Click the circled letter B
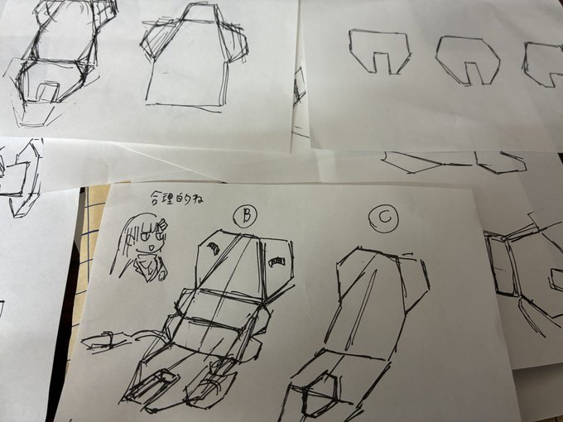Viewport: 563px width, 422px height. pos(245,216)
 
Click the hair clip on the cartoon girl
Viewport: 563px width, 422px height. pos(164,223)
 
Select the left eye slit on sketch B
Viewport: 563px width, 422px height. pos(213,247)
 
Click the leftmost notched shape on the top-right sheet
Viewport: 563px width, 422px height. pos(380,51)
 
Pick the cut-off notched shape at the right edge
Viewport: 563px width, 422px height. pos(545,63)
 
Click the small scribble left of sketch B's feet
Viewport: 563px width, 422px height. pos(103,341)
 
